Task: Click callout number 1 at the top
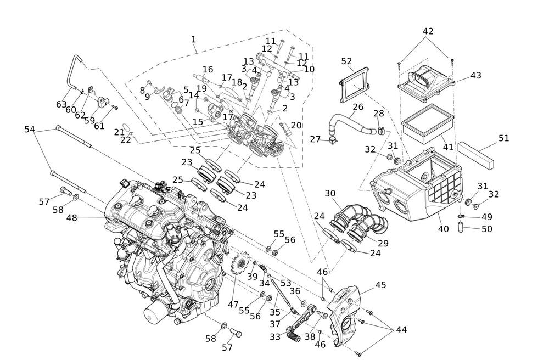pyautogui.click(x=193, y=39)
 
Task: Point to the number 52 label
pyautogui.click(x=346, y=61)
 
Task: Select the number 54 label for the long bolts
pyautogui.click(x=30, y=129)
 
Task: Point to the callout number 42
pyautogui.click(x=428, y=31)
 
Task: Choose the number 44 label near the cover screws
pyautogui.click(x=401, y=330)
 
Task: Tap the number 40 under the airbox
pyautogui.click(x=443, y=229)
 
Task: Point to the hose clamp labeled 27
pyautogui.click(x=332, y=141)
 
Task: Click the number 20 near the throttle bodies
pyautogui.click(x=296, y=125)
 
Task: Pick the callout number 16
pyautogui.click(x=208, y=70)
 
